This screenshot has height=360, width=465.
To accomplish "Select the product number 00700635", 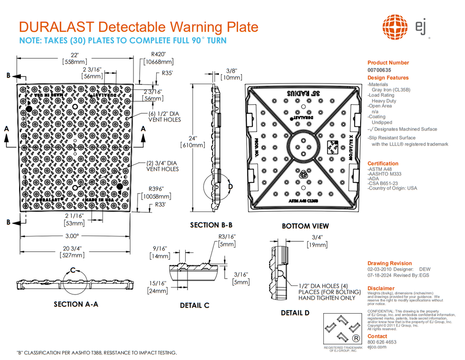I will tap(379, 70).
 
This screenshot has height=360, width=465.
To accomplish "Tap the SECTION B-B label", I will tap(211, 225).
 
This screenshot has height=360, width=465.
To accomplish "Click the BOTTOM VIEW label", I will tap(305, 226).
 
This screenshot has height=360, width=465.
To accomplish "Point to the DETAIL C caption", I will tap(194, 305).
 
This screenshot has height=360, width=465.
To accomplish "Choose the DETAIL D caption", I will tap(295, 313).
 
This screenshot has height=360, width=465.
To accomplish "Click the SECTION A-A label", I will tap(76, 304).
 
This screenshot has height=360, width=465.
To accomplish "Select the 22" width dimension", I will tap(75, 55).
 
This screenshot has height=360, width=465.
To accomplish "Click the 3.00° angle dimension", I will tap(73, 236).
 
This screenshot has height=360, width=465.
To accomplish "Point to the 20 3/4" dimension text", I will tap(74, 248).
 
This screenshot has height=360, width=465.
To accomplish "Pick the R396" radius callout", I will tap(156, 189).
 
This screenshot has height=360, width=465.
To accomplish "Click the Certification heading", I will tap(383, 164).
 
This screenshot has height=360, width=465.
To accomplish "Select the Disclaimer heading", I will tap(381, 288).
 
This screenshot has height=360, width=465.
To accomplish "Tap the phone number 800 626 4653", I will tap(381, 342).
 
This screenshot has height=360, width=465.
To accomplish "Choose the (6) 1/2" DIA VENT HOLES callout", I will tap(164, 117).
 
